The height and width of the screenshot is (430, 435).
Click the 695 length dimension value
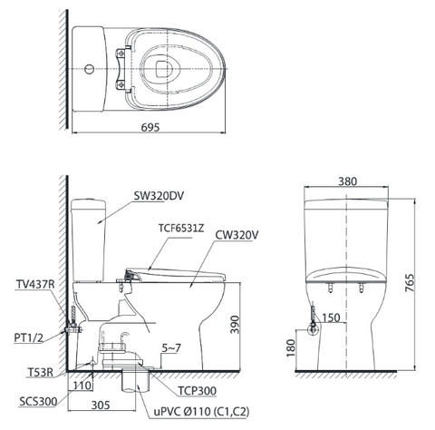(x=150, y=128)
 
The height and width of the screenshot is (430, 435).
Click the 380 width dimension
(x=348, y=182)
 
